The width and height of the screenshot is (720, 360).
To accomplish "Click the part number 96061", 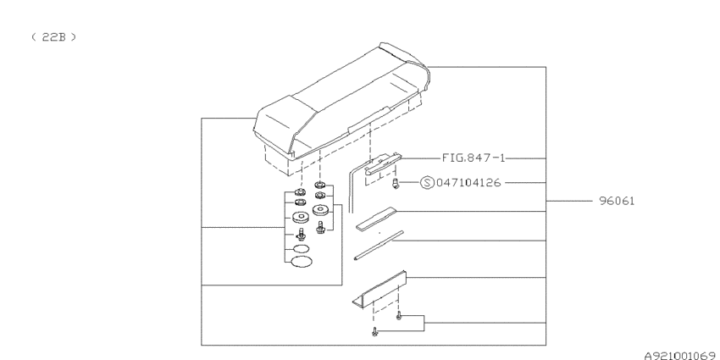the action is point(617,201).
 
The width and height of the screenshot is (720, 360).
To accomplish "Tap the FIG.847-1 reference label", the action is point(474,158).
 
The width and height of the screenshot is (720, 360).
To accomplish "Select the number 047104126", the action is point(468,183).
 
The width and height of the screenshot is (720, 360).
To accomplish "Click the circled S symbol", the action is point(427,183).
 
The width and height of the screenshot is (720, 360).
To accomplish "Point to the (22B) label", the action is point(53,37).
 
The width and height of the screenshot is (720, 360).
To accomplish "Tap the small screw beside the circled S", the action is point(396,185).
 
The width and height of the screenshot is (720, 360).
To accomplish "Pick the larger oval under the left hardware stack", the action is point(301,262).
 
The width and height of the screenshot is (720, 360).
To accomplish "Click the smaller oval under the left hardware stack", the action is point(301,249).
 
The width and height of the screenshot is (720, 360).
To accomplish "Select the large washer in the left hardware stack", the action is point(301,216).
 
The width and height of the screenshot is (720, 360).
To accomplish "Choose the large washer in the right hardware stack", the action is point(320,210).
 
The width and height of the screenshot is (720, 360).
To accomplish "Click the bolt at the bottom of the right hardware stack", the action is point(320,226).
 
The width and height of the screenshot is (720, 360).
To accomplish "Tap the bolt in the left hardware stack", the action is point(302,234).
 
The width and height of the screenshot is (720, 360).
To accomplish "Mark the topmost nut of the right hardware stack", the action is point(320,185).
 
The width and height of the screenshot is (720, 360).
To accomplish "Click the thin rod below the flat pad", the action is point(379,245).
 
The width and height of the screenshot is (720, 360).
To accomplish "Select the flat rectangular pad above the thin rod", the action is point(375,218).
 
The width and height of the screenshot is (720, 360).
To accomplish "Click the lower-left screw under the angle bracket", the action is point(374,331).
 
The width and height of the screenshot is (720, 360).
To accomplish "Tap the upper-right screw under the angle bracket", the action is point(399,315).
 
